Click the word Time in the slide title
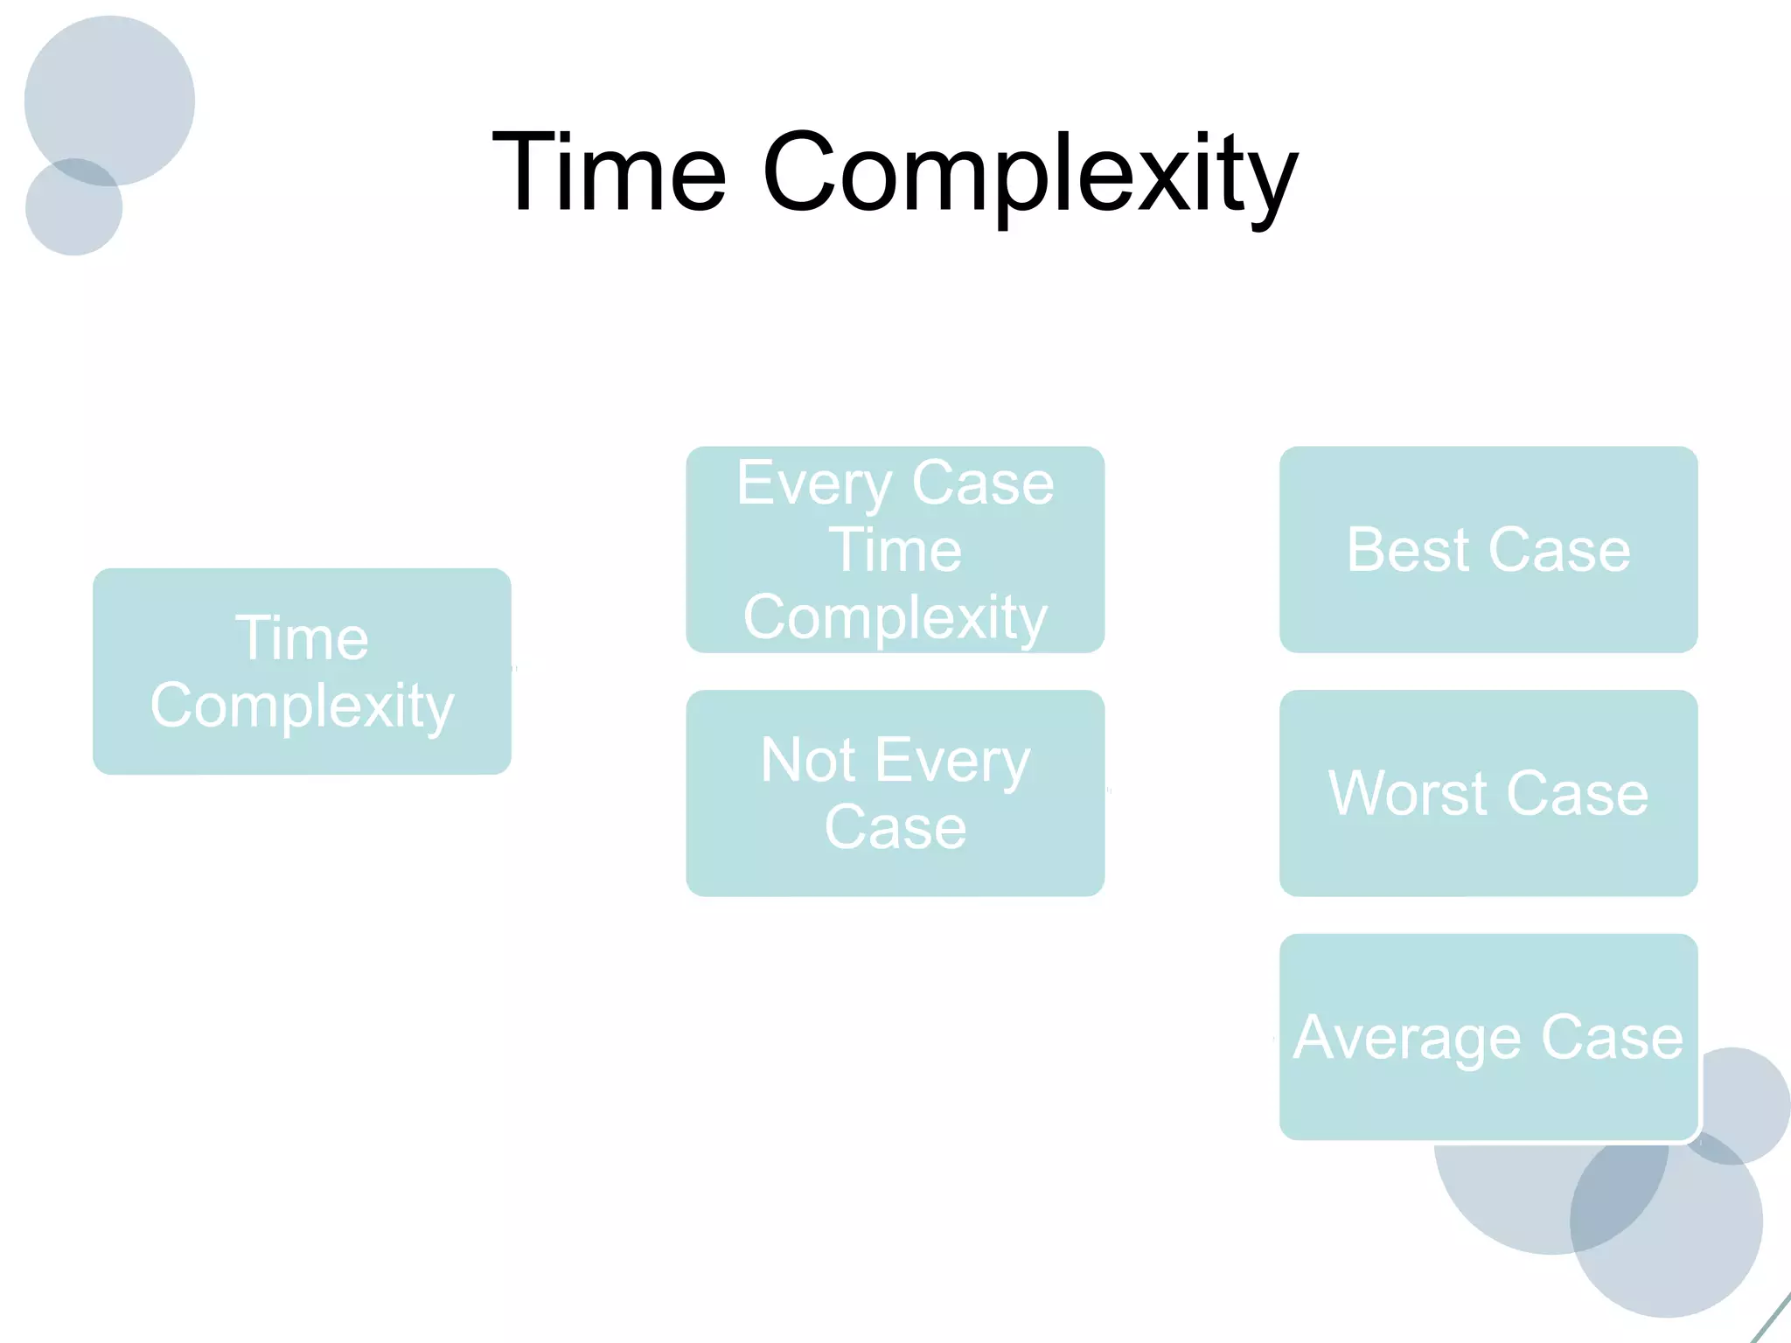[610, 171]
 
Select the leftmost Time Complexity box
[302, 671]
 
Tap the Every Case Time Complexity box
[895, 549]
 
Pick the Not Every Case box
[895, 792]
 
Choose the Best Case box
[1488, 549]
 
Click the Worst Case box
[1488, 792]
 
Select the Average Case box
[1488, 1037]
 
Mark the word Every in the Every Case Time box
[813, 484]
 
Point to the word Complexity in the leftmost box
[302, 706]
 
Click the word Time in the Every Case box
[895, 550]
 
